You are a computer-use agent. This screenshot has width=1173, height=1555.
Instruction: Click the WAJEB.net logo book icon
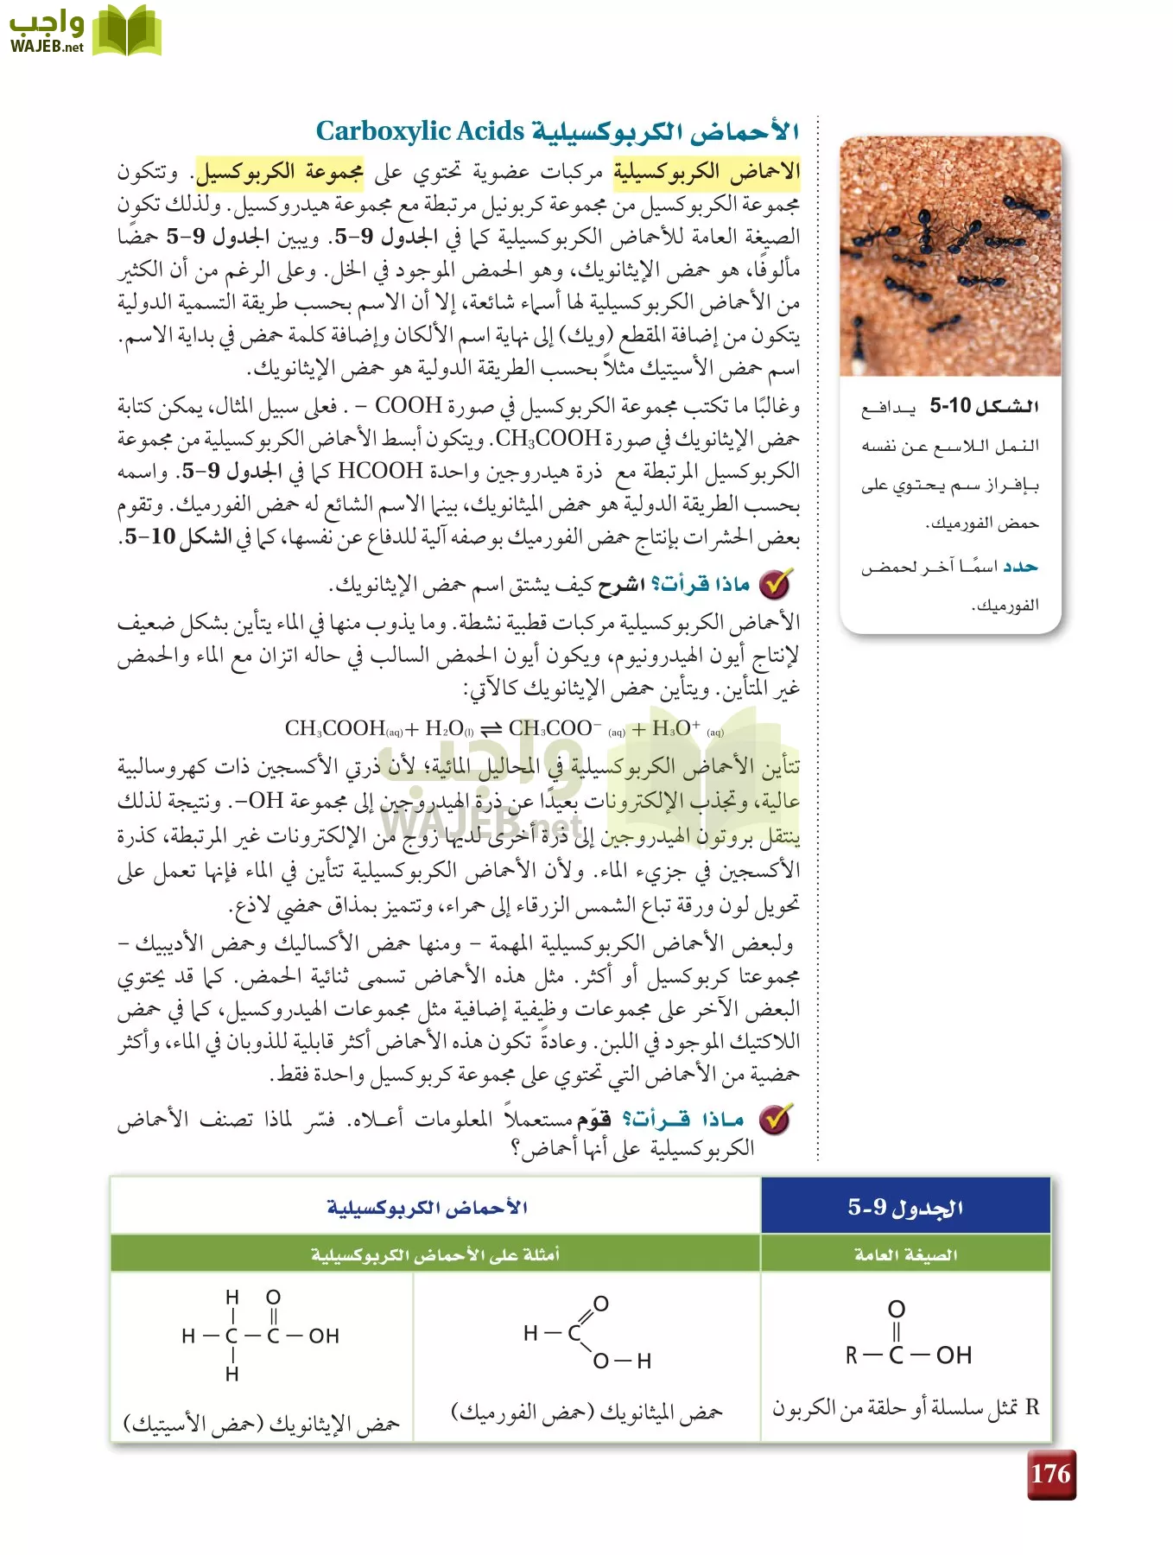point(126,31)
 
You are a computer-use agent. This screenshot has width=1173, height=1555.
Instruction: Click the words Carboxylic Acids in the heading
point(420,131)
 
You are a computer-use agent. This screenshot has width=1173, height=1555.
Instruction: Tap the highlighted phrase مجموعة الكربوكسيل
point(279,172)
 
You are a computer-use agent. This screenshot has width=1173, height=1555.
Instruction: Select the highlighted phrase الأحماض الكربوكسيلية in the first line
point(707,172)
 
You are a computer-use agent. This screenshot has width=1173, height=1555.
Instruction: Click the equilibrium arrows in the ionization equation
point(491,729)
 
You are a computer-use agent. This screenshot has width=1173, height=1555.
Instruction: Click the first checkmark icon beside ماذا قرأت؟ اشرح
point(775,585)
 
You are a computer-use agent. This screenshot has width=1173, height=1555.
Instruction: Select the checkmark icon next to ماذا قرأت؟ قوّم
point(775,1119)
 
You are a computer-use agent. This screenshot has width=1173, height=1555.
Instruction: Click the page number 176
point(1050,1474)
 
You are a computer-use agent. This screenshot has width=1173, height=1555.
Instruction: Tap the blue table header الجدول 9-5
point(905,1207)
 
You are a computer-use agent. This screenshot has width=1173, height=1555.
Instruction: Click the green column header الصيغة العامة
point(905,1254)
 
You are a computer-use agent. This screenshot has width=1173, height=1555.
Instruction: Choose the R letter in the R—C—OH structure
point(852,1355)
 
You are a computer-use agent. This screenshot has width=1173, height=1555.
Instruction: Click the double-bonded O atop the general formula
point(897,1309)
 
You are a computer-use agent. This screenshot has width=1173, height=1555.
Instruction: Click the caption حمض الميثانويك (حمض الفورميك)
point(586,1412)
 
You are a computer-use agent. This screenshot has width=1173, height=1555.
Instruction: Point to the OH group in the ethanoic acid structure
point(324,1336)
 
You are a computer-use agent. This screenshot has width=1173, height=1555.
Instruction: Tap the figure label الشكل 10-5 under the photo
point(984,406)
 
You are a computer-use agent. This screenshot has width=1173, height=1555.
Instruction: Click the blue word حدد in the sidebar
point(1019,567)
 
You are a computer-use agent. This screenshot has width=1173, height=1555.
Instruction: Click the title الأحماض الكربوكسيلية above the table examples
point(428,1207)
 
